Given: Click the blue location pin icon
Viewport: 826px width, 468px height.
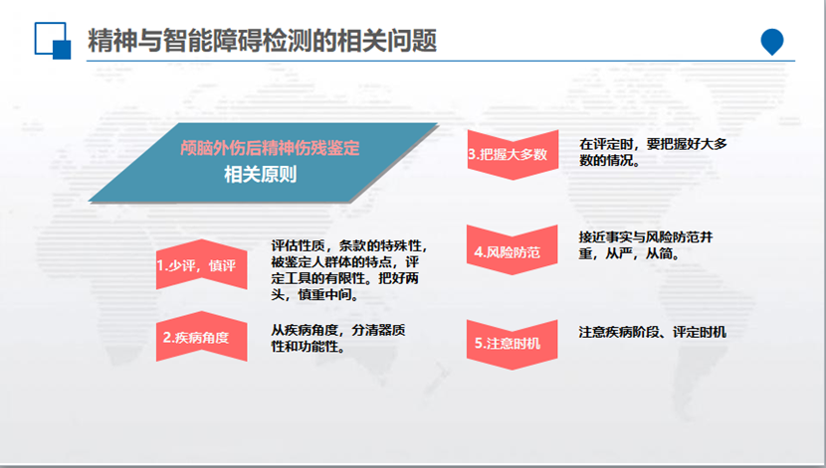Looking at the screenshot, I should point(771,42).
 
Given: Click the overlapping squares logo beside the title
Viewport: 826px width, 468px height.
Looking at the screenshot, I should point(52,42).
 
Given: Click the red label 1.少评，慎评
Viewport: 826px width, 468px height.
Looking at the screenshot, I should point(196,266).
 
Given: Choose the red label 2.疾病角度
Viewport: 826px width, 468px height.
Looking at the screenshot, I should point(196,337).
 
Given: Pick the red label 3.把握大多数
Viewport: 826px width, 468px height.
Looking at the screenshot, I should point(509,155).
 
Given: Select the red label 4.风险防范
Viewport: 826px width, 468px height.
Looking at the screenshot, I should point(508,252).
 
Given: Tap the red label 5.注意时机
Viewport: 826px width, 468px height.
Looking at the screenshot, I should point(508,343).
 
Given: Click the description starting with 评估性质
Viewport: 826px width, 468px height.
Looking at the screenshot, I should point(349,269).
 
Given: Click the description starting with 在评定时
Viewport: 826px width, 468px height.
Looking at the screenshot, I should point(653,152).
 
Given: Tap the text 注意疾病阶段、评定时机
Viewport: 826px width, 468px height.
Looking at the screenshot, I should point(652,332).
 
